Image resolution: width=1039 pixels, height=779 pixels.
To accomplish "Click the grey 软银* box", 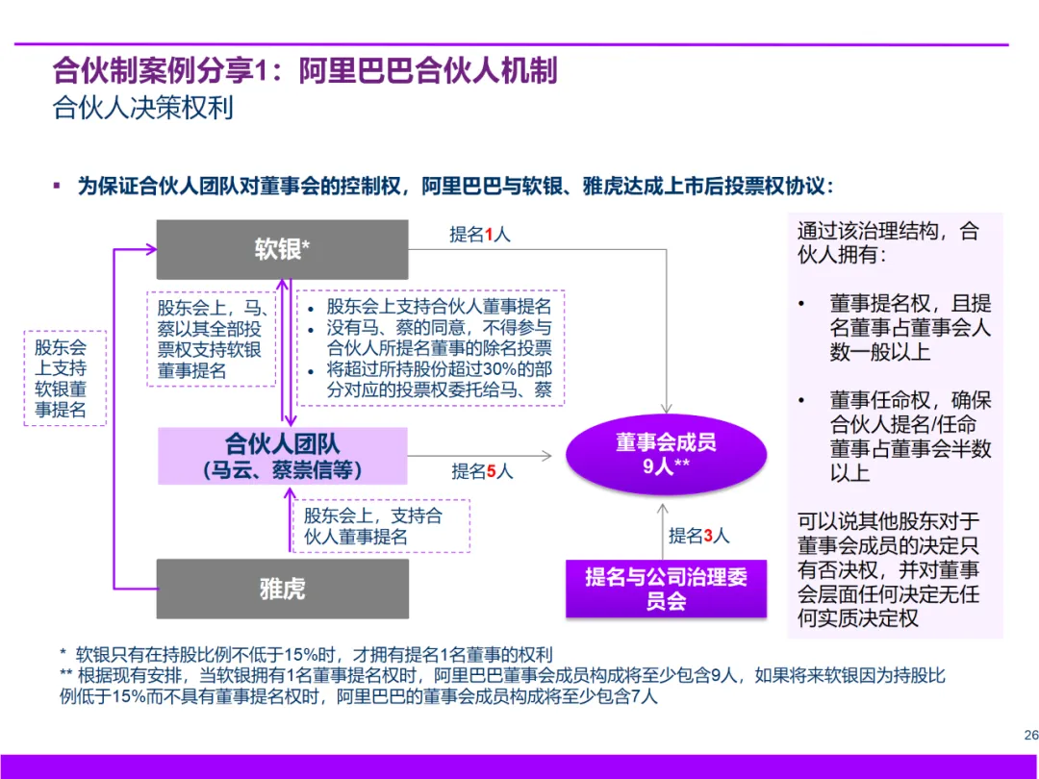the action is [282, 249].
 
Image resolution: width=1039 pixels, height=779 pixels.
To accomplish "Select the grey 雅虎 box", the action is [282, 589].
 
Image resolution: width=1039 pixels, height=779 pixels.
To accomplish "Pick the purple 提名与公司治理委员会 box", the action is [666, 589].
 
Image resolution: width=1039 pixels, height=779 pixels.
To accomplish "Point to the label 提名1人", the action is [480, 234].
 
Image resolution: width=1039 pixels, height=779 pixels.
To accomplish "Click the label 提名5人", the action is [483, 471].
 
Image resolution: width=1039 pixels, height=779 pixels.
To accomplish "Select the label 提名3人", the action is [699, 536].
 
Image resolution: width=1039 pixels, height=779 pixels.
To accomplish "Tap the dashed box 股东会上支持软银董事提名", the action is [64, 378].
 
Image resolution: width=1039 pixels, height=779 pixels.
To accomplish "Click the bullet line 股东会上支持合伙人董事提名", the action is [439, 307].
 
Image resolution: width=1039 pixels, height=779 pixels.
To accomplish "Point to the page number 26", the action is [1030, 735].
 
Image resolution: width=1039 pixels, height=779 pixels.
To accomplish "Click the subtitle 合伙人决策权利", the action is [143, 107].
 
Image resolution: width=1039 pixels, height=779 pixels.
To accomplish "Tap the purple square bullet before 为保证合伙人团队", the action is [57, 185].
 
